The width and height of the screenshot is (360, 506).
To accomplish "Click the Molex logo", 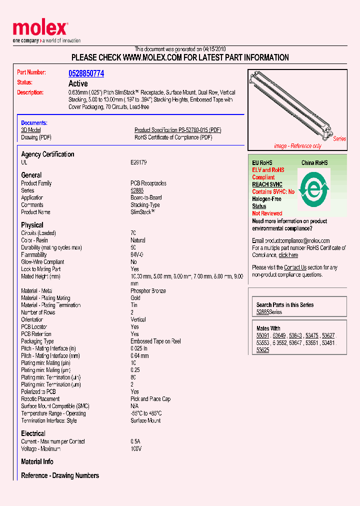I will pyautogui.click(x=40, y=29).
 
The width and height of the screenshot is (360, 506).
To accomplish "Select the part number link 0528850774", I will pyautogui.click(x=86, y=73).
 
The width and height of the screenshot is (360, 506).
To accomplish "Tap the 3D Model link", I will pyautogui.click(x=30, y=130).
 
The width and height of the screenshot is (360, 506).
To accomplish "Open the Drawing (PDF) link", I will pyautogui.click(x=36, y=137).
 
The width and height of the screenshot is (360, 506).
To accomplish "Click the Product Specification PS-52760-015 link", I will pyautogui.click(x=177, y=130).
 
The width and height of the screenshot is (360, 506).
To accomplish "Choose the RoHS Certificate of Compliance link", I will pyautogui.click(x=173, y=137).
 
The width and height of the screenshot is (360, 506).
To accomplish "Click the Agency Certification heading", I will pyautogui.click(x=47, y=154).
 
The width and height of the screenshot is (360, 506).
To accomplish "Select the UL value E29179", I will pyautogui.click(x=138, y=162).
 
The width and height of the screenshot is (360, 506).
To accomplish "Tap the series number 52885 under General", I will pyautogui.click(x=137, y=190).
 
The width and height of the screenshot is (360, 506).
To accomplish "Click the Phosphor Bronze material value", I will pyautogui.click(x=148, y=291).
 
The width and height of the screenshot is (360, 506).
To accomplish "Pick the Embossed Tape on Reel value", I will pyautogui.click(x=155, y=341).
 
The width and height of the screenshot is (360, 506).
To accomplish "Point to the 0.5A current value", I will pyautogui.click(x=136, y=442).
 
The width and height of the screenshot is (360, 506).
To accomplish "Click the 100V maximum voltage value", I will pyautogui.click(x=136, y=449).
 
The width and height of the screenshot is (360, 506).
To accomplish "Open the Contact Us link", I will pyautogui.click(x=295, y=267).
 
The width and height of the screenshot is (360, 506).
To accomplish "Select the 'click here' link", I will pyautogui.click(x=288, y=255).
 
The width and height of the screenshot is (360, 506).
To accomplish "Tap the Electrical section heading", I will pyautogui.click(x=33, y=433).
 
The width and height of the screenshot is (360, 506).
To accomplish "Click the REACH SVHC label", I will pyautogui.click(x=267, y=184).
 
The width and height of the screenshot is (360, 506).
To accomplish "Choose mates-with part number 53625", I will pyautogui.click(x=262, y=350).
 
